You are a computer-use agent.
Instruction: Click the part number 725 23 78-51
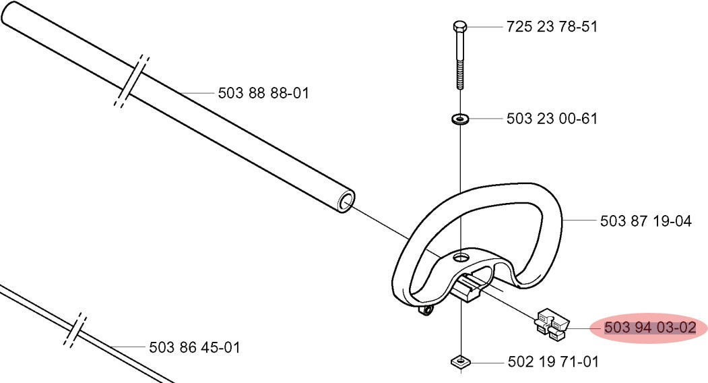point(552,27)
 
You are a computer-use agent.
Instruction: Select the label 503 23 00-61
point(552,119)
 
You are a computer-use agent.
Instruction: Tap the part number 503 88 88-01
point(263,93)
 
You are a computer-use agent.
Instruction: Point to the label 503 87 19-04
point(646,221)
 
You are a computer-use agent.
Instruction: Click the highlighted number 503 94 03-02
point(650,328)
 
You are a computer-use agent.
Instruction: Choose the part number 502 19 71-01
point(553,361)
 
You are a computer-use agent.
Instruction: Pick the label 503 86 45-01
point(195,347)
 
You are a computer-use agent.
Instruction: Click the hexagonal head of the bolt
point(459,26)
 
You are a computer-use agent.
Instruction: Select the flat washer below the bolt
point(460,119)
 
